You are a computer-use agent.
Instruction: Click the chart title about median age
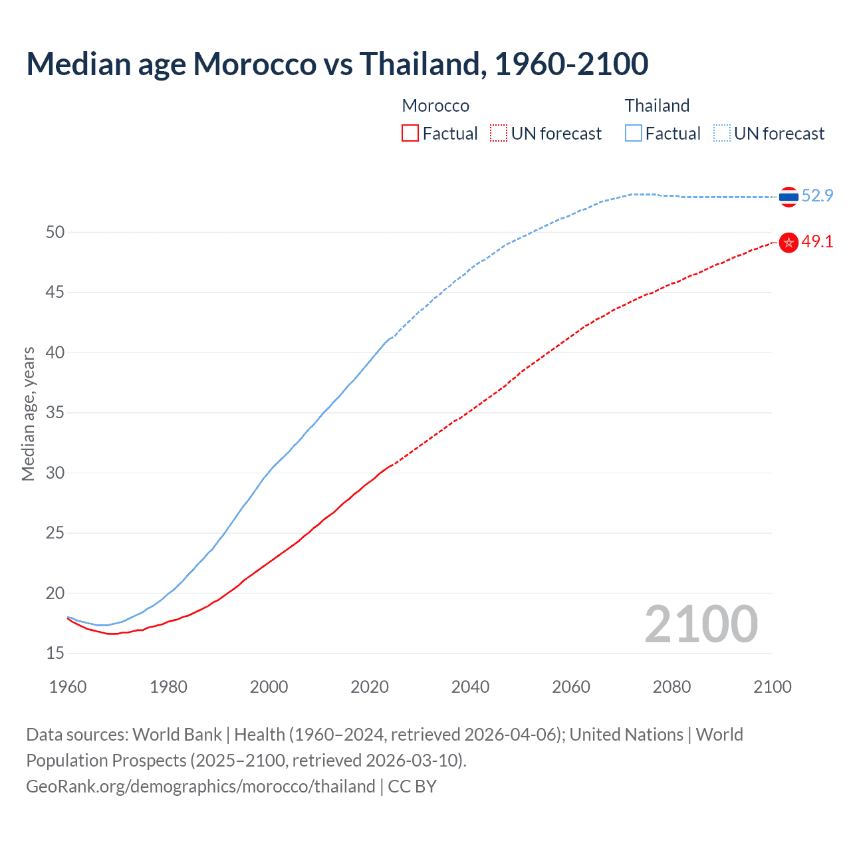tap(337, 64)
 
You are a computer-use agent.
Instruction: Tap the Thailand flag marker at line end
tap(789, 197)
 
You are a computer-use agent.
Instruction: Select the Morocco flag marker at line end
tap(789, 243)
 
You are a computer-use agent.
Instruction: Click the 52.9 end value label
tap(817, 195)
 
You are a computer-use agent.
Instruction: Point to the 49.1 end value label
tap(817, 241)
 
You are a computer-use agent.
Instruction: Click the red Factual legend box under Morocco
tap(410, 134)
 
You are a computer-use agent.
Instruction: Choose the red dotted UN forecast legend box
tap(499, 134)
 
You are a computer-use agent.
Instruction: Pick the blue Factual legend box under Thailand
tap(634, 134)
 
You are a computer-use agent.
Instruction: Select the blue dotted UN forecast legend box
tap(722, 134)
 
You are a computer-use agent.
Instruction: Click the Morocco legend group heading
tap(435, 106)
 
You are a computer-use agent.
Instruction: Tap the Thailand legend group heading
tap(657, 106)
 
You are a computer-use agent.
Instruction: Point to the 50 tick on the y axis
tap(55, 232)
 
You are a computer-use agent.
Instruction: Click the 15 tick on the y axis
tap(55, 654)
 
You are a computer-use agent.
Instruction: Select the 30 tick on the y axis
tap(55, 473)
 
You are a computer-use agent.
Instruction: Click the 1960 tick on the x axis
tap(68, 687)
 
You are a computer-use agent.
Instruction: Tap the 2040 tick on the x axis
tap(470, 687)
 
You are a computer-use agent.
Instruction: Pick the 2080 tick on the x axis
tap(671, 687)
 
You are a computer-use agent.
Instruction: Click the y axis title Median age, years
tap(28, 414)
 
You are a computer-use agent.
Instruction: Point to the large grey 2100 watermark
tap(701, 624)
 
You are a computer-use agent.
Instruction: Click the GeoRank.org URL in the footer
tap(200, 787)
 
